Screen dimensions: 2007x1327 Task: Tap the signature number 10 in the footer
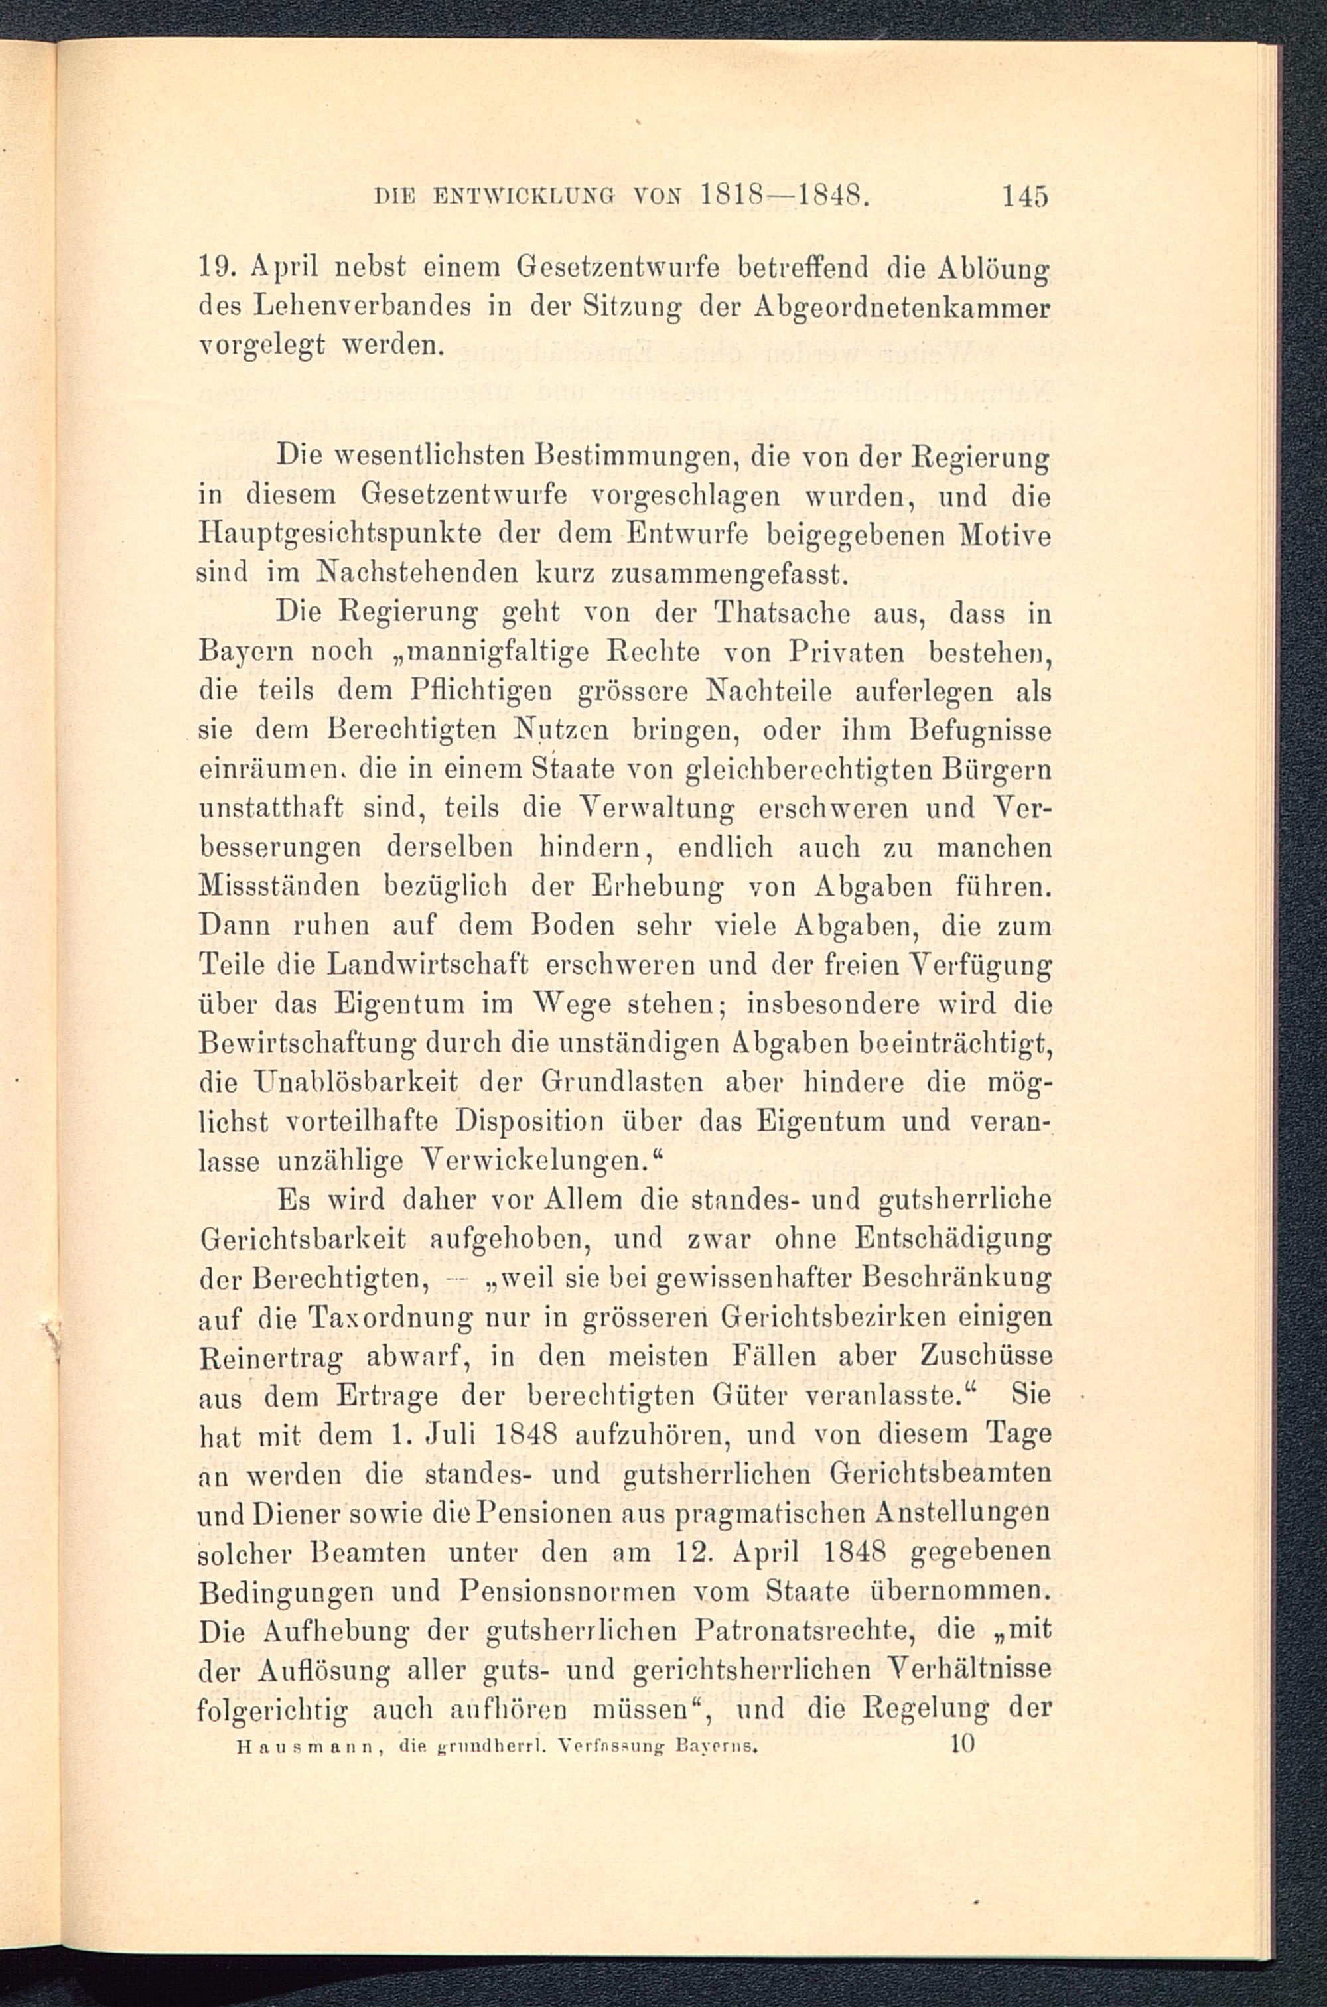pos(963,1743)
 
